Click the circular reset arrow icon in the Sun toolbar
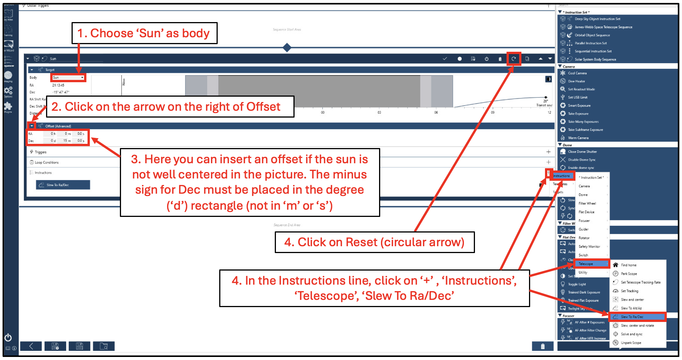click(513, 59)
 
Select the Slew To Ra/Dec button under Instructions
click(63, 185)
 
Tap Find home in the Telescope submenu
click(628, 265)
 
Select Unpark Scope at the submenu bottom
click(631, 342)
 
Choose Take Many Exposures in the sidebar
click(583, 122)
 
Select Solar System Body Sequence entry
click(595, 59)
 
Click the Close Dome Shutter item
click(582, 151)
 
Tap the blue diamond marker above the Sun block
click(287, 48)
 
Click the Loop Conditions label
click(46, 162)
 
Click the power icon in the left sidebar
click(8, 338)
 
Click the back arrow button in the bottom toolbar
click(31, 346)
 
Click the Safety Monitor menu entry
click(589, 247)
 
